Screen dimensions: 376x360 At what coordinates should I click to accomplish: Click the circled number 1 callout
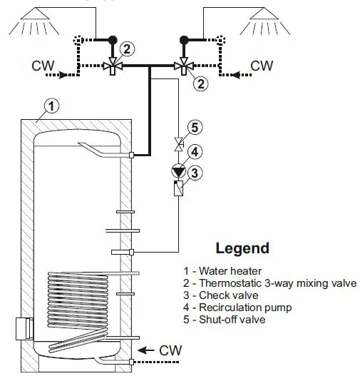pos(51,106)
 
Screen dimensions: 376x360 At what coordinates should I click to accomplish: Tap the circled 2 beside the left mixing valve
pos(126,49)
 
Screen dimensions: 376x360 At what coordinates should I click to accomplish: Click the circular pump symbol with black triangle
pos(178,171)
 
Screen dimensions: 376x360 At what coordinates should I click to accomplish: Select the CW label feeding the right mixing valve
pos(262,66)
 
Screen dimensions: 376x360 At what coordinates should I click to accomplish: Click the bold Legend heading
pos(242,249)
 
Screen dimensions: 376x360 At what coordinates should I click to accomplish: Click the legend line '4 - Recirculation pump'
pos(232,308)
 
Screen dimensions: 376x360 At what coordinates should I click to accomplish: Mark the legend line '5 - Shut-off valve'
pos(223,320)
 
